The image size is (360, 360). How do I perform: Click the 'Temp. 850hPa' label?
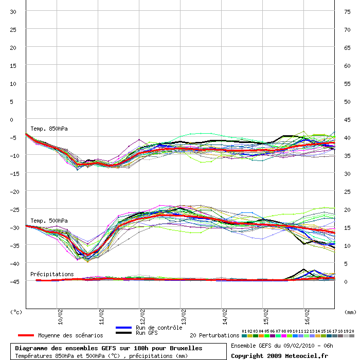click(49, 129)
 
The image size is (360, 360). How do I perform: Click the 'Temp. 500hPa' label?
click(49, 221)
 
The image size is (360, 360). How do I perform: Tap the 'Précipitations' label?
click(52, 274)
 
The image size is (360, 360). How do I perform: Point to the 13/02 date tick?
click(184, 317)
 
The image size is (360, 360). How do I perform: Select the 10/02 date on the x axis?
click(60, 317)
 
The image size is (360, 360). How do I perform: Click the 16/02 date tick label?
click(307, 317)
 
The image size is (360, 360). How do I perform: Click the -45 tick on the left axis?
click(14, 282)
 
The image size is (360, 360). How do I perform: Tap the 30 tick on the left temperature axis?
click(13, 12)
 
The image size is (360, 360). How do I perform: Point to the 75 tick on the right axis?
click(347, 12)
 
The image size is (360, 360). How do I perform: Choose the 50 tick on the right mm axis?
click(347, 102)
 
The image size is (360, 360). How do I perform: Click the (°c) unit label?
click(16, 312)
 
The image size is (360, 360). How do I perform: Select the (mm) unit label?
click(350, 312)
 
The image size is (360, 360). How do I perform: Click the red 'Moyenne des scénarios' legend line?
click(26, 335)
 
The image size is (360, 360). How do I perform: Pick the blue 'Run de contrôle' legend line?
click(124, 328)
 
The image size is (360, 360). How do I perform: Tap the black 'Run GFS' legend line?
click(124, 333)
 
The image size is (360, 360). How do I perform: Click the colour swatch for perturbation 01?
click(244, 336)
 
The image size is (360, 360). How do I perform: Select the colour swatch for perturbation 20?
click(351, 336)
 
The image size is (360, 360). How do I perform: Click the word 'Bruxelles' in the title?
click(186, 348)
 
